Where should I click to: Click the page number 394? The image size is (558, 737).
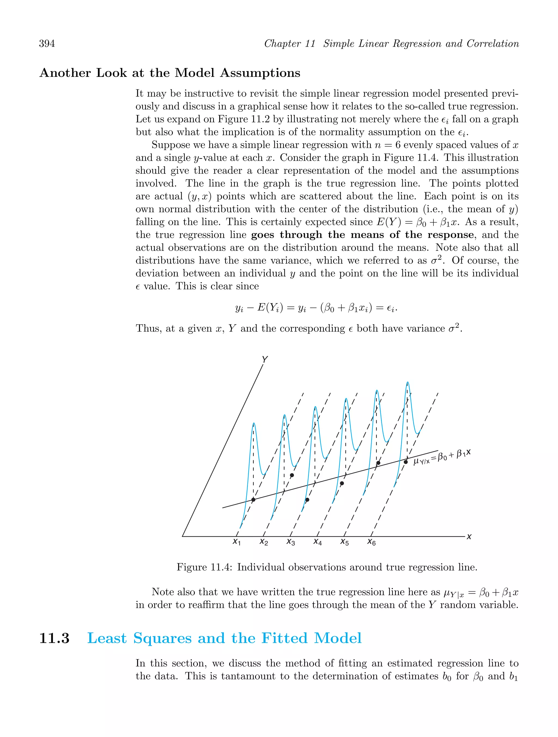click(x=47, y=44)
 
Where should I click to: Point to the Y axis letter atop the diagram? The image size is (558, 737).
click(x=265, y=360)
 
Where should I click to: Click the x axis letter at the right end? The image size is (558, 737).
click(x=469, y=537)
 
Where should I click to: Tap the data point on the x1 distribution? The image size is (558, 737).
click(x=253, y=500)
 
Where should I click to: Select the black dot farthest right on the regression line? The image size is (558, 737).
click(x=406, y=462)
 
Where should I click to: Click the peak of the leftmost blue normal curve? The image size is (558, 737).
click(x=254, y=424)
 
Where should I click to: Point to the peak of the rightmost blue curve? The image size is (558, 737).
click(x=407, y=382)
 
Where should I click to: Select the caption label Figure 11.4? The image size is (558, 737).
click(x=204, y=567)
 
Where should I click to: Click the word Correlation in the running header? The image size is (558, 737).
click(x=493, y=44)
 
